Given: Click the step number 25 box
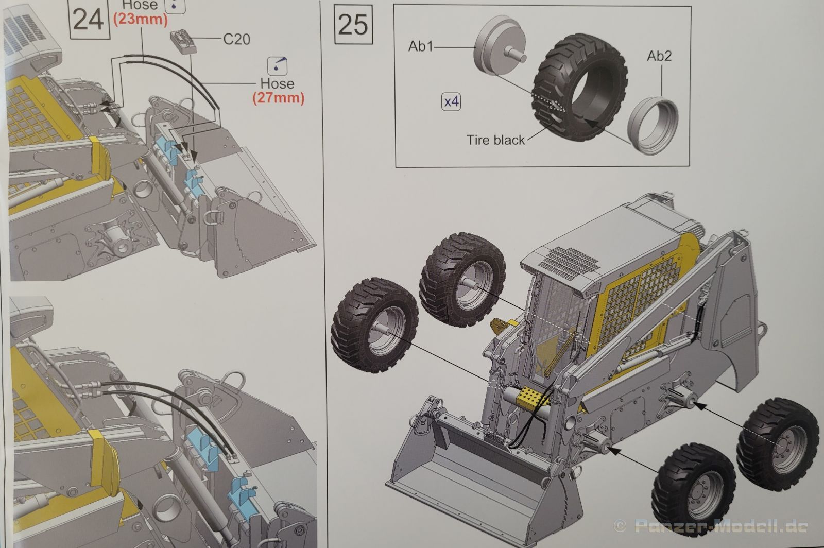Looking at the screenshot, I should pos(354,24).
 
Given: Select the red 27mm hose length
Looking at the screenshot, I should pos(278,97).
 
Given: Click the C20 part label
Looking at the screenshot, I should pos(236,39).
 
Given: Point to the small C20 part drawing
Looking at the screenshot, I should pos(183,41).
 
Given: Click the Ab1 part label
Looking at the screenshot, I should pos(421,46).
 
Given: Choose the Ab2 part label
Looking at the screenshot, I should pos(659,56).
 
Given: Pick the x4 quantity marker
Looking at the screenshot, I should pos(451,102).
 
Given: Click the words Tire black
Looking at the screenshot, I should pos(495,140).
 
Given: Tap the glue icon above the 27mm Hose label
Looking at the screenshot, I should pos(278,65).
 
